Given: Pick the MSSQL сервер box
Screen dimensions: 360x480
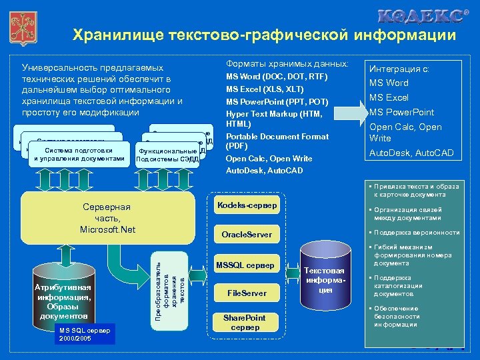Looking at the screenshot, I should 246,265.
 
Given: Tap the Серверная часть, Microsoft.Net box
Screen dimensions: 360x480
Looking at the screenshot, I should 107,218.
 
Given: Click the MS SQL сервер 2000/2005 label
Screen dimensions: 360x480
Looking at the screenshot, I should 86,334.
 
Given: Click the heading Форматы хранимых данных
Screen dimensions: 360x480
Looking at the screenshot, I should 287,64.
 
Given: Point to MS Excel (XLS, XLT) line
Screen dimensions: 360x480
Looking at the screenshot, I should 265,89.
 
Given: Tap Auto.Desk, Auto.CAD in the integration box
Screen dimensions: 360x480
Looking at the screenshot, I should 411,153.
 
